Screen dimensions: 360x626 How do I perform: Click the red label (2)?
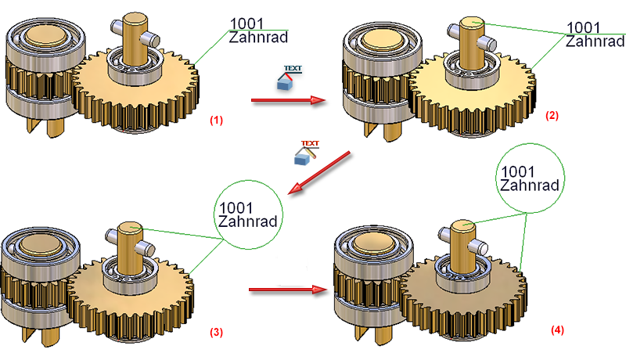tap(552, 116)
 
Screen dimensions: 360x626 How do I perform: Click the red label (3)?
tap(217, 332)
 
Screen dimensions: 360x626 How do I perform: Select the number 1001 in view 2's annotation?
tap(583, 27)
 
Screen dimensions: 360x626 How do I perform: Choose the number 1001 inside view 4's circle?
tap(518, 171)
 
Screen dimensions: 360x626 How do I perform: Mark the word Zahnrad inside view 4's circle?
tap(528, 185)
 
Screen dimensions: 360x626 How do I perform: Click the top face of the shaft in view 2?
tap(473, 23)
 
